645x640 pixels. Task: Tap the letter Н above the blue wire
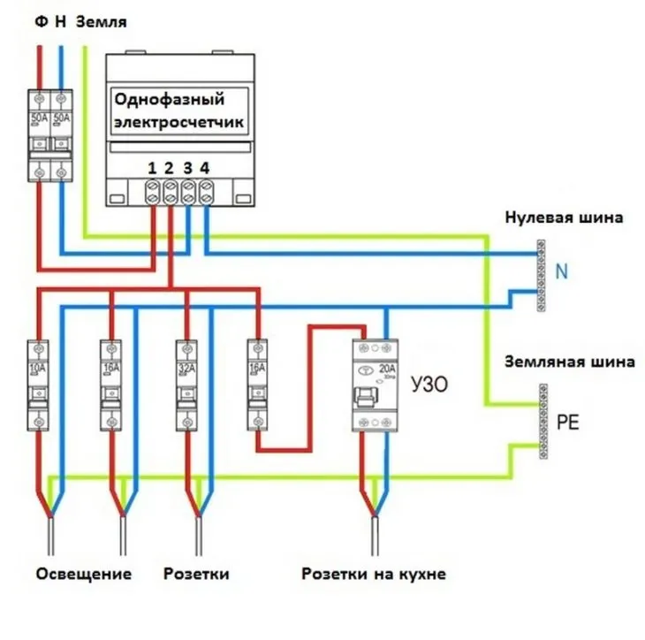pyautogui.click(x=61, y=20)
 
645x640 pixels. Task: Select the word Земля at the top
pyautogui.click(x=102, y=20)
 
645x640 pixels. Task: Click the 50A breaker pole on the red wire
pyautogui.click(x=40, y=133)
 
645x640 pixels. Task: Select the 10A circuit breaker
pyautogui.click(x=38, y=384)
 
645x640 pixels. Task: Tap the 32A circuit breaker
pyautogui.click(x=186, y=384)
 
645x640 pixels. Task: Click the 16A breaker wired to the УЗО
pyautogui.click(x=257, y=384)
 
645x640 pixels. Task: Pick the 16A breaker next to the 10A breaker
pyautogui.click(x=110, y=384)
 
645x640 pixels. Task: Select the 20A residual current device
pyautogui.click(x=375, y=385)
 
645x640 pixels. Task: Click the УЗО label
pyautogui.click(x=429, y=385)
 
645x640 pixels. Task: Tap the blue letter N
pyautogui.click(x=561, y=272)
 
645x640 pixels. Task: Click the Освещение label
pyautogui.click(x=84, y=574)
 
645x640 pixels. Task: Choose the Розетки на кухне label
pyautogui.click(x=373, y=574)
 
